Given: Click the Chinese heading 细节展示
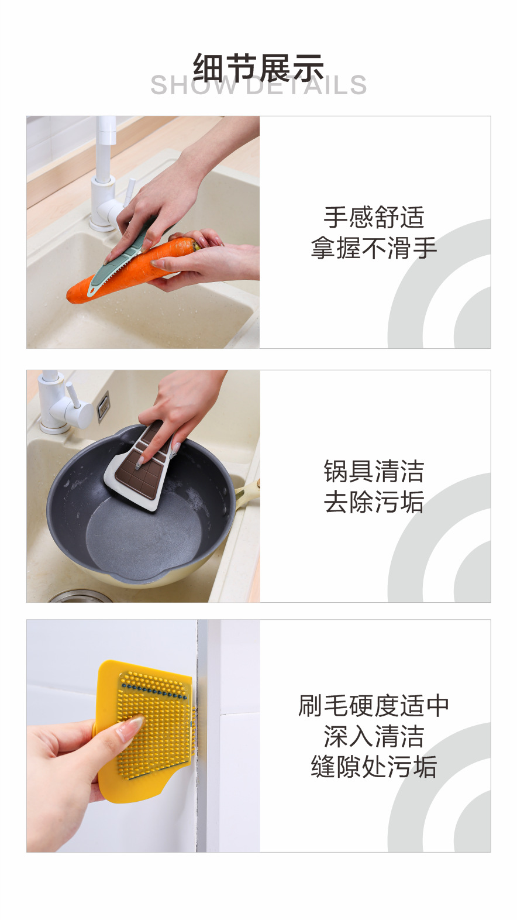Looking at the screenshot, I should tap(258, 67).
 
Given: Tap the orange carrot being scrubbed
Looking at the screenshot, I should tap(117, 274).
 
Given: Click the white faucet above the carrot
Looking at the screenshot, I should tap(106, 176).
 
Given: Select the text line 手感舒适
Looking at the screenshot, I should tap(374, 217).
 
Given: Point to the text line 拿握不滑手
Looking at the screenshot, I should tap(374, 248).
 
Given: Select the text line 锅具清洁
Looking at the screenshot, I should tap(374, 471).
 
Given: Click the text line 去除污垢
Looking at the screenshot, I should tap(374, 502).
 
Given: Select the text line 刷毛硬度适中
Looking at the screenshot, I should tap(374, 706).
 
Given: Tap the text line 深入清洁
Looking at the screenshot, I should tap(374, 736).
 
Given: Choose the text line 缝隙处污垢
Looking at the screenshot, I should tap(374, 767).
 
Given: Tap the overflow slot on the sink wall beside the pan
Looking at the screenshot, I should tap(103, 405).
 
